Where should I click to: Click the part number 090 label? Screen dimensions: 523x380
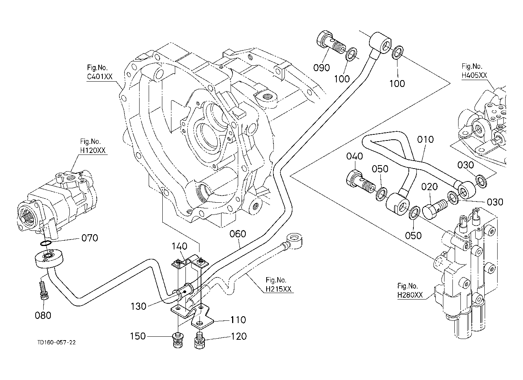[322, 68]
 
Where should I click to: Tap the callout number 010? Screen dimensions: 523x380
[425, 140]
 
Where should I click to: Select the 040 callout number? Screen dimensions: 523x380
[355, 156]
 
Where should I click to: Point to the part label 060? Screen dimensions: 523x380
[238, 234]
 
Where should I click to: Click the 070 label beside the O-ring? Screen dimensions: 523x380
[90, 238]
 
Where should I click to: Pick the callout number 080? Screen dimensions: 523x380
[43, 315]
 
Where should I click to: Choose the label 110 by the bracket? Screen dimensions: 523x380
[238, 320]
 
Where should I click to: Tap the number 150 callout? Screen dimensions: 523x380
[138, 336]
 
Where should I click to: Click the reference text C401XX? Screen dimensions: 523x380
[100, 76]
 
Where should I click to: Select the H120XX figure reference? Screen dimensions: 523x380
[93, 150]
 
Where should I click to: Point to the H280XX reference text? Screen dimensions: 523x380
[410, 295]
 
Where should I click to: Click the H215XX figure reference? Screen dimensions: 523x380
[278, 289]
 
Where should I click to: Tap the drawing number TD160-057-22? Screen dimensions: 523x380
[57, 342]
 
